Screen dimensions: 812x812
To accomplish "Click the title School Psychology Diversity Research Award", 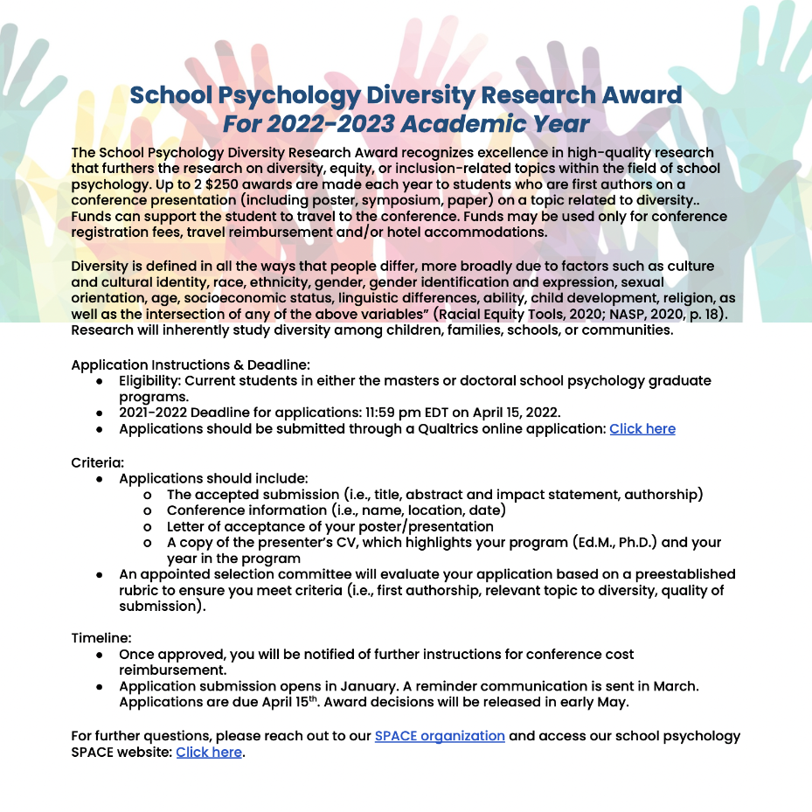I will (x=406, y=94).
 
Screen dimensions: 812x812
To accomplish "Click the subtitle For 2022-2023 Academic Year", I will (x=406, y=123).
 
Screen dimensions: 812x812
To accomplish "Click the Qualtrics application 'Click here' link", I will (x=642, y=428).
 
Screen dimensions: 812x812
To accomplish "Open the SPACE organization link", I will (x=440, y=736).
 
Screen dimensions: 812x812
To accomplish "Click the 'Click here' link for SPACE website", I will (x=209, y=752).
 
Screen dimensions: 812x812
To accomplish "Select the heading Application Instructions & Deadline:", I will (x=191, y=364).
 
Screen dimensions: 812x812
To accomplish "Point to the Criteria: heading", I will (x=98, y=462).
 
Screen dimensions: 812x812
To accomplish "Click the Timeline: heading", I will (x=101, y=638).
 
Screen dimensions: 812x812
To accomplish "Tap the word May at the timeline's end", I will (x=612, y=702).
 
